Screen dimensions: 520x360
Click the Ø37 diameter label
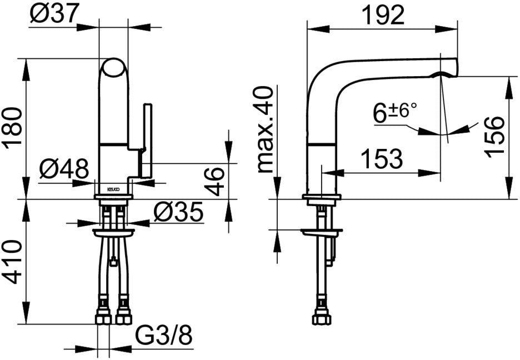(54, 13)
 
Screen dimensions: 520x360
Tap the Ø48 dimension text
(64, 168)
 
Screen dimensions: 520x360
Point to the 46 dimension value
(215, 181)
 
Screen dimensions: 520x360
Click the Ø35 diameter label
(178, 212)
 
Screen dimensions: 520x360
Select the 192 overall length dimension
(383, 14)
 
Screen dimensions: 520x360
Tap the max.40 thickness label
(266, 129)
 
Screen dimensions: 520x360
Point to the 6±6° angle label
(395, 112)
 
